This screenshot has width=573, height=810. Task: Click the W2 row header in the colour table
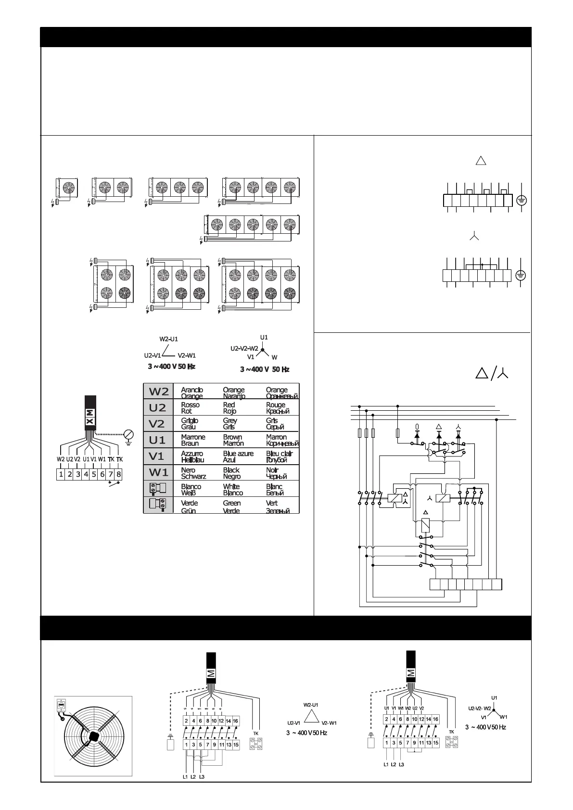click(x=158, y=391)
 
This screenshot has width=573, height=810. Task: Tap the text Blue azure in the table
click(x=238, y=454)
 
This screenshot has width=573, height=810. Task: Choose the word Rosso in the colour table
click(x=190, y=405)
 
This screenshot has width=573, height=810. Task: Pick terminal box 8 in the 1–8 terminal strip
click(x=119, y=474)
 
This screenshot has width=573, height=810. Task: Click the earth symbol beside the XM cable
click(x=128, y=436)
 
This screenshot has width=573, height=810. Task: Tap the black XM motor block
click(x=90, y=412)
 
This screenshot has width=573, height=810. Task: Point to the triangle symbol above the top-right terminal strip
click(x=481, y=161)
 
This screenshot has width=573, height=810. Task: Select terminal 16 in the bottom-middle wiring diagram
click(x=235, y=721)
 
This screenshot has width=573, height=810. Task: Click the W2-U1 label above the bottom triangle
click(x=311, y=705)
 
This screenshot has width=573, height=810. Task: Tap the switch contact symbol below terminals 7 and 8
click(x=115, y=485)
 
